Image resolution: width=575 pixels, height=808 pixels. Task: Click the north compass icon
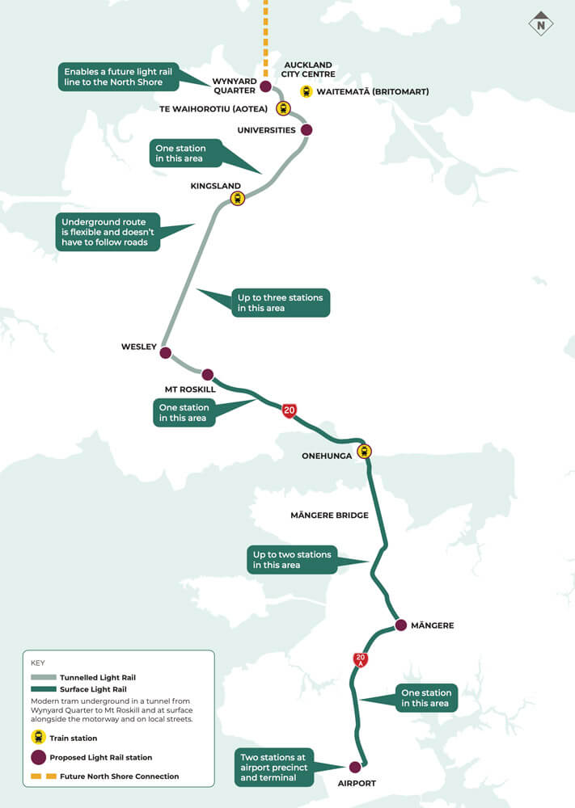point(540,24)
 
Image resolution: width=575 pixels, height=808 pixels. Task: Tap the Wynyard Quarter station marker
point(265,86)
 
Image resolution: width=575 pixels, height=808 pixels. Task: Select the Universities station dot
point(306,129)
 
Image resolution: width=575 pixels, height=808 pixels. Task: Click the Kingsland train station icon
point(237,198)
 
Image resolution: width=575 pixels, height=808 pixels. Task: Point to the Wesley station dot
point(166,353)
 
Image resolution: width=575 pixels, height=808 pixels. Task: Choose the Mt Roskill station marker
point(208,374)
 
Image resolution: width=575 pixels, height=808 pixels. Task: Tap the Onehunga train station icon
point(364,451)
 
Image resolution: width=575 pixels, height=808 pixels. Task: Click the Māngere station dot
point(400,625)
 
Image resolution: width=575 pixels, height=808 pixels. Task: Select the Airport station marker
point(354,767)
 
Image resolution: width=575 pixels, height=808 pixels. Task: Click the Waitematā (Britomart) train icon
point(307,91)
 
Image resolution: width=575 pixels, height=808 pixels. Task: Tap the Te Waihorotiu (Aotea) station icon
point(283,108)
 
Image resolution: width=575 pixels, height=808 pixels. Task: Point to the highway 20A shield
point(361,659)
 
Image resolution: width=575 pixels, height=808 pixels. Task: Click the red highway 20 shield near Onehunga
point(289,410)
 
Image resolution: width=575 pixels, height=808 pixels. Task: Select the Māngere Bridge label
point(329,515)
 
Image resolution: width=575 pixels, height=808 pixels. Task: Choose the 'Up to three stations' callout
point(280,303)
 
